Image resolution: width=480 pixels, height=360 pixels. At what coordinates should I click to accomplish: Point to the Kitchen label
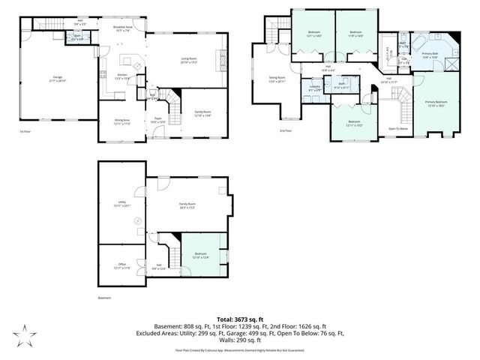pyautogui.click(x=122, y=75)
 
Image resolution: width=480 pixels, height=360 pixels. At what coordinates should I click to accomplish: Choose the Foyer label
pyautogui.click(x=158, y=118)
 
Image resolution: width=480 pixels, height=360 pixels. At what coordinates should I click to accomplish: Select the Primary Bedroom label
pyautogui.click(x=436, y=102)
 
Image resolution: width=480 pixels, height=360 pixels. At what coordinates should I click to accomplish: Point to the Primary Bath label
pyautogui.click(x=430, y=55)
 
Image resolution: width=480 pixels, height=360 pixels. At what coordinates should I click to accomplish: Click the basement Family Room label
pyautogui.click(x=187, y=204)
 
